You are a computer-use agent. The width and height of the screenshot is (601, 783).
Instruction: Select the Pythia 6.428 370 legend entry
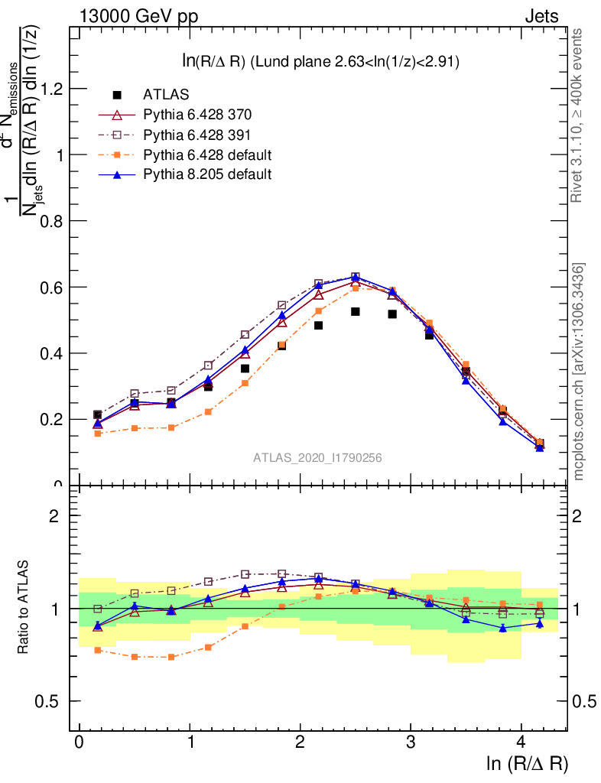197,115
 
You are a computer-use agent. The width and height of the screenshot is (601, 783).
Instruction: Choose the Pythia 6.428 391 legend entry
197,135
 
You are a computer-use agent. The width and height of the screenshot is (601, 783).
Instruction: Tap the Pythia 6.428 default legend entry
207,154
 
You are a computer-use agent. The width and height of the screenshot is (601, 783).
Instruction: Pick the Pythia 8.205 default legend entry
207,174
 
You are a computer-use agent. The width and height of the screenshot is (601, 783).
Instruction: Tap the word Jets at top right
541,15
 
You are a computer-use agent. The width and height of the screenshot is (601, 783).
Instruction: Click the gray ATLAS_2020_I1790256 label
317,458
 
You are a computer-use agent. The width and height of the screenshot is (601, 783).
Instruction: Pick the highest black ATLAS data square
356,312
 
